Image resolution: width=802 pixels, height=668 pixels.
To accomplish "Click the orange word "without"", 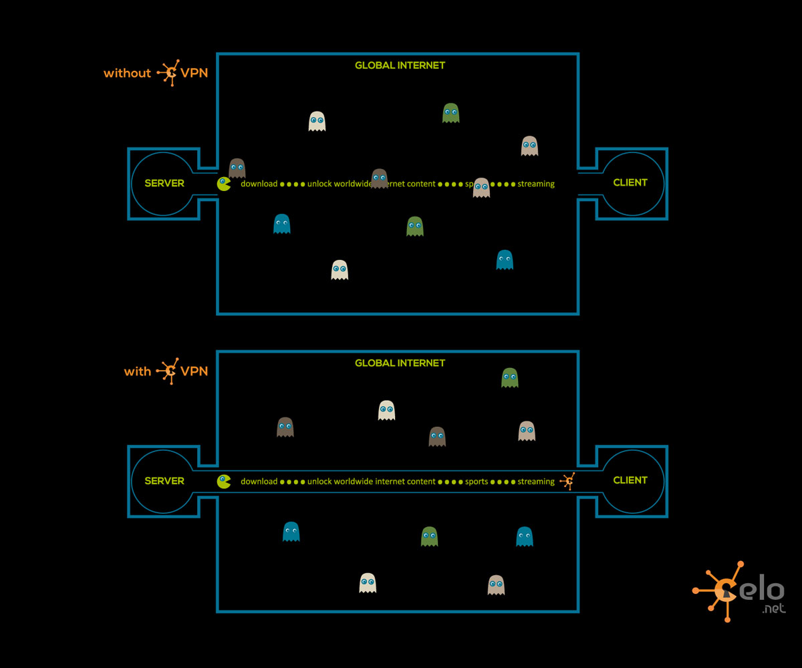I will click(x=127, y=73).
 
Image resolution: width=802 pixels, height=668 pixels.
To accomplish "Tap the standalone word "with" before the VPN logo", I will click(x=138, y=371).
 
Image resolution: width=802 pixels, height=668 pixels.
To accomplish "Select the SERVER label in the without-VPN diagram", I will click(x=164, y=183).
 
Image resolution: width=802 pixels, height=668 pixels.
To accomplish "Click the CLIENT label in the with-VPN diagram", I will click(x=630, y=480).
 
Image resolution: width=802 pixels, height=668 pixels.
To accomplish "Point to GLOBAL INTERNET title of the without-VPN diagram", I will click(x=400, y=65).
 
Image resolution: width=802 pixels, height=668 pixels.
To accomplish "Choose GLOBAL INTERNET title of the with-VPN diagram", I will click(x=400, y=363).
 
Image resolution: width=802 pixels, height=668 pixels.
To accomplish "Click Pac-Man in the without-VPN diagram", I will click(x=224, y=184).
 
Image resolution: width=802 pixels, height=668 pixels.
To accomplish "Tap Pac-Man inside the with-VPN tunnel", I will click(x=224, y=481).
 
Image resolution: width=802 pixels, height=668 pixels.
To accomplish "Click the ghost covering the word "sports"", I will click(x=481, y=187).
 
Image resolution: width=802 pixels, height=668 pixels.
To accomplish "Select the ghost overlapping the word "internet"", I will click(x=380, y=178).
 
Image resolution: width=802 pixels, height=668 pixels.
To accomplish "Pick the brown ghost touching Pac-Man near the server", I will click(x=237, y=168).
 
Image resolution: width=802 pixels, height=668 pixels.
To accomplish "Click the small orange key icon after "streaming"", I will click(x=568, y=481).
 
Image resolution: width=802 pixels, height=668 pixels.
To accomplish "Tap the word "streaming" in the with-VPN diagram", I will click(x=536, y=482).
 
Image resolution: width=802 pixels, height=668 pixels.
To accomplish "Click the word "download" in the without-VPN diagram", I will click(x=259, y=184).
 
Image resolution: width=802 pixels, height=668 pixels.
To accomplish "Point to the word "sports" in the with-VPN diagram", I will click(x=477, y=482).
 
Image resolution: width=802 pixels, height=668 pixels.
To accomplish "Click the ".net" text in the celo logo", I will click(x=773, y=609).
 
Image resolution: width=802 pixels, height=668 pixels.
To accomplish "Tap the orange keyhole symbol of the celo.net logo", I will click(x=725, y=591).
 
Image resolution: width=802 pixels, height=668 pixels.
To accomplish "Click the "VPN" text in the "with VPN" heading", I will click(x=194, y=371).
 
